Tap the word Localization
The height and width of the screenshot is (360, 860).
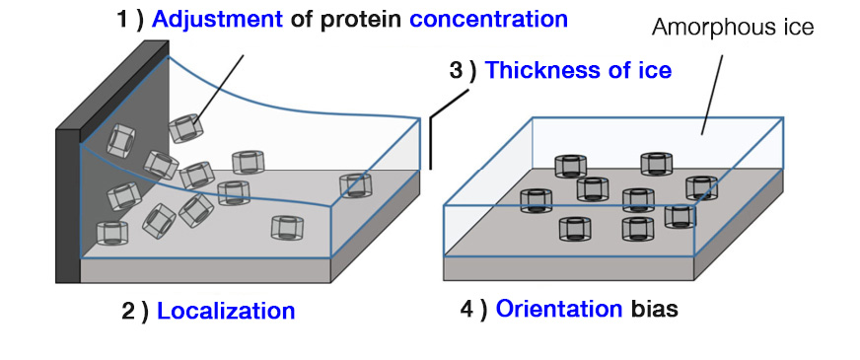226,312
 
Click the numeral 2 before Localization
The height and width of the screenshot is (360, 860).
128,312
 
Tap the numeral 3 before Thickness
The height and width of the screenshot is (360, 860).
456,71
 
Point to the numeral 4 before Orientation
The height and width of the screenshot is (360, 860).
467,309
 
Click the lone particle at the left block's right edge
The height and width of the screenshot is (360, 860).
354,185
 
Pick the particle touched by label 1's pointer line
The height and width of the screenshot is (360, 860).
184,129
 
